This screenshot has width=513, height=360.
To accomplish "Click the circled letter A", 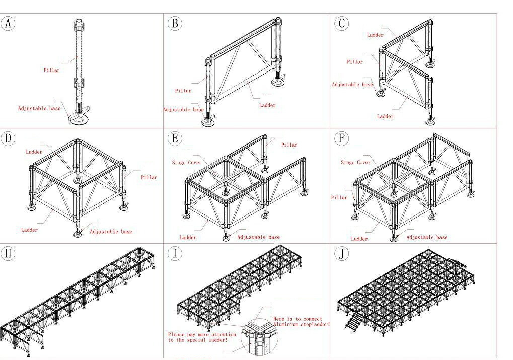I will tap(8, 23).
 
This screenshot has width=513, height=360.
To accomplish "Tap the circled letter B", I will tap(175, 23).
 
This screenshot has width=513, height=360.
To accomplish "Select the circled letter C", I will tap(342, 23).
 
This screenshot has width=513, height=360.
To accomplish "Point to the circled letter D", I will tap(8, 138).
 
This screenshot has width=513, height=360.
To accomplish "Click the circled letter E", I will tap(175, 138).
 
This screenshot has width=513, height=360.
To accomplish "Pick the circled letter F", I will tap(342, 138).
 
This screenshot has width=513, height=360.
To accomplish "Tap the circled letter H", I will tap(8, 253).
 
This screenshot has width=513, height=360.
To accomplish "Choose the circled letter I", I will tap(175, 253).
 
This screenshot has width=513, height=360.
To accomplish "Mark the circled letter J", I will tap(342, 253).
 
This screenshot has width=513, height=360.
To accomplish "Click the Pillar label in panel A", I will tap(51, 70).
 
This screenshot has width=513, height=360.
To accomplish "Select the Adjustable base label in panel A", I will tap(39, 108).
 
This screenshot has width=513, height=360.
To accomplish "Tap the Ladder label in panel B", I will tap(267, 105).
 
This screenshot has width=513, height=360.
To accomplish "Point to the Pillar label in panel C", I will tap(354, 62).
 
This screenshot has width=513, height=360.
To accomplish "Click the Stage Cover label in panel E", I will tap(187, 163).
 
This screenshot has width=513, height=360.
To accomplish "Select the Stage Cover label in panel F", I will tap(355, 163).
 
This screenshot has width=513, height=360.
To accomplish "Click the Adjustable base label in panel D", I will tap(111, 232).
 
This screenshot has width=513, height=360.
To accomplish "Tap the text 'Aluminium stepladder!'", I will tap(302, 325).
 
